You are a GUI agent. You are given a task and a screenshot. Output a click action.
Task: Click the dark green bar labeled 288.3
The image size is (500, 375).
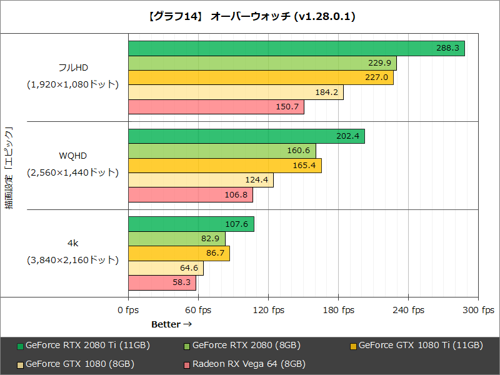tap(296, 48)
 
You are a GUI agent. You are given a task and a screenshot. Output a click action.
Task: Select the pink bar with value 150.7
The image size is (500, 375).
tap(216, 107)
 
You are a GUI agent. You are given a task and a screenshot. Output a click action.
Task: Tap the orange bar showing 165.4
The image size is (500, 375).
tap(224, 166)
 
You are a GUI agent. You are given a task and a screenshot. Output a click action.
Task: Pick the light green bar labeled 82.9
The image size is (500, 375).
tap(176, 239)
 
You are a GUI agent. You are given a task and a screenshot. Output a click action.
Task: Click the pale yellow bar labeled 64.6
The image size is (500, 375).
tap(166, 268)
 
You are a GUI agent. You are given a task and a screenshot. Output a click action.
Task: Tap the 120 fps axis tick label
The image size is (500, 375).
tap(268, 310)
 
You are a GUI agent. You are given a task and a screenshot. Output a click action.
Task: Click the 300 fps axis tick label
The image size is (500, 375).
tap(478, 310)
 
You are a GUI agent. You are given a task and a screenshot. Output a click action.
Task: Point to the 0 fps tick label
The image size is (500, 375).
tap(128, 310)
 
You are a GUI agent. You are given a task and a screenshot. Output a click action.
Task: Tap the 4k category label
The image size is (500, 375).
tap(73, 242)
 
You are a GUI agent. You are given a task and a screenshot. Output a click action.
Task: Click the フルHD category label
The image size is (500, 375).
tap(73, 67)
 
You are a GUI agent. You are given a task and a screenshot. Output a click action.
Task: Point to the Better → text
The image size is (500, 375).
tap(171, 324)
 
